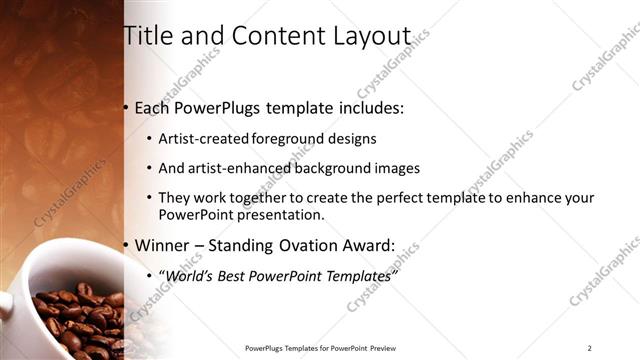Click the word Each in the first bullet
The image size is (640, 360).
(153, 108)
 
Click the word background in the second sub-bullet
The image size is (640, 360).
(328, 169)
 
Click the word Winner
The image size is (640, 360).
(162, 245)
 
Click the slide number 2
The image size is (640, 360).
(589, 348)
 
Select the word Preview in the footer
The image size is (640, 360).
(383, 348)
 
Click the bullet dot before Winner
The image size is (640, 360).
(126, 246)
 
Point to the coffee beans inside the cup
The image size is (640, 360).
(75, 315)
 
